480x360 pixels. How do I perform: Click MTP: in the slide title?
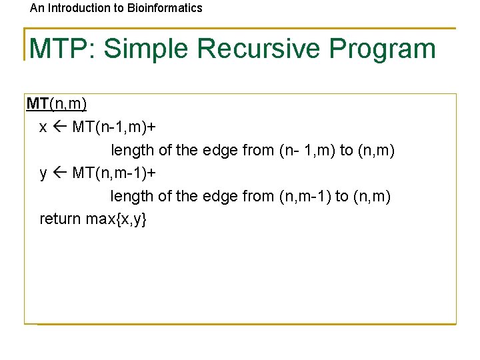coord(63,49)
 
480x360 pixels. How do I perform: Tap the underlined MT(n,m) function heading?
coord(57,104)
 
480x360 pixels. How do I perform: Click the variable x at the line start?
coord(43,127)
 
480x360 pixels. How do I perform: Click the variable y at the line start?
coord(43,174)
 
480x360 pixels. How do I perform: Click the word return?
coord(61,219)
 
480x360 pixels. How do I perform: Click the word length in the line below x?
coord(133,151)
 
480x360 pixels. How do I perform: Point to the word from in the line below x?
coord(258,151)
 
